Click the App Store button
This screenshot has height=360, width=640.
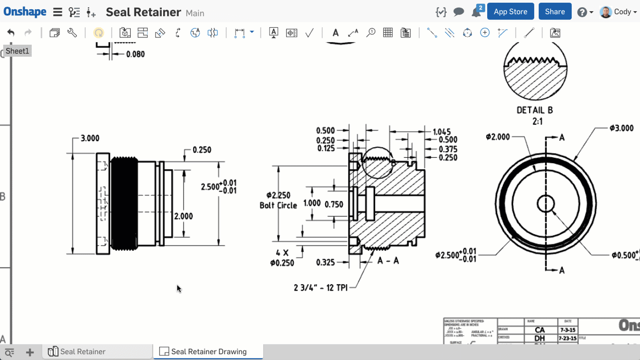(510, 12)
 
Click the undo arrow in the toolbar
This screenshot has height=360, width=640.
(11, 33)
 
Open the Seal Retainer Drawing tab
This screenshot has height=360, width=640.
(208, 352)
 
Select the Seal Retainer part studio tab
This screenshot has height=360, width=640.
(82, 352)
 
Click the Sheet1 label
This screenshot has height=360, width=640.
(17, 51)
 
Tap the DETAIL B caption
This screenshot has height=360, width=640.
(534, 110)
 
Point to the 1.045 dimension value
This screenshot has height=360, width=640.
(442, 132)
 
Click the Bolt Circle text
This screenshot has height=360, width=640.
(278, 206)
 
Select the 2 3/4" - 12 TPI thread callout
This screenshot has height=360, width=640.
(320, 288)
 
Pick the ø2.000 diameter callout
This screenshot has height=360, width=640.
(498, 137)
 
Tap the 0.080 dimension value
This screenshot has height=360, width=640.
(135, 54)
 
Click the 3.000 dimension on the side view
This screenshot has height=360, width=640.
(90, 138)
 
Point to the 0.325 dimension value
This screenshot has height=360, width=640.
(325, 262)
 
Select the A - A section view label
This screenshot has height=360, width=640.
(388, 261)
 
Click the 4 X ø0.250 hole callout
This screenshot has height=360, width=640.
(282, 258)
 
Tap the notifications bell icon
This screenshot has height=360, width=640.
(476, 12)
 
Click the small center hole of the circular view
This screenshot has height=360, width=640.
(546, 204)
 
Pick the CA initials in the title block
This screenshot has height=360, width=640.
(540, 330)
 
